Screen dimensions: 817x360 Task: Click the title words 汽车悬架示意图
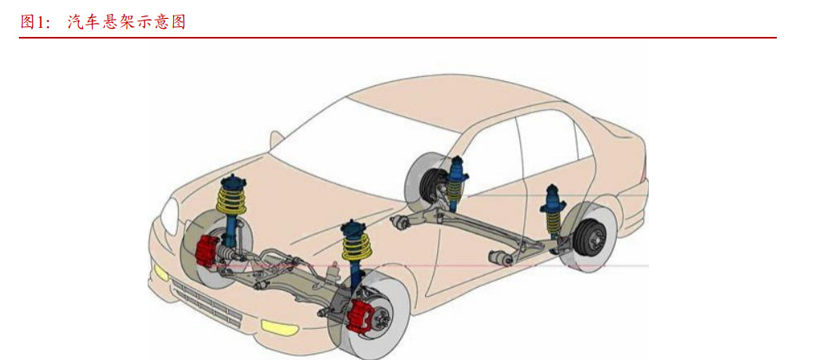(126, 22)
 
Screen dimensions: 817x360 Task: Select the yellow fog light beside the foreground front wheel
(279, 328)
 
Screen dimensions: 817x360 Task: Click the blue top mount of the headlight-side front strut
(233, 183)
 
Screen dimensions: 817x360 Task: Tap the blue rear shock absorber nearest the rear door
(456, 182)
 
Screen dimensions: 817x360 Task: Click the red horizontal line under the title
(398, 38)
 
